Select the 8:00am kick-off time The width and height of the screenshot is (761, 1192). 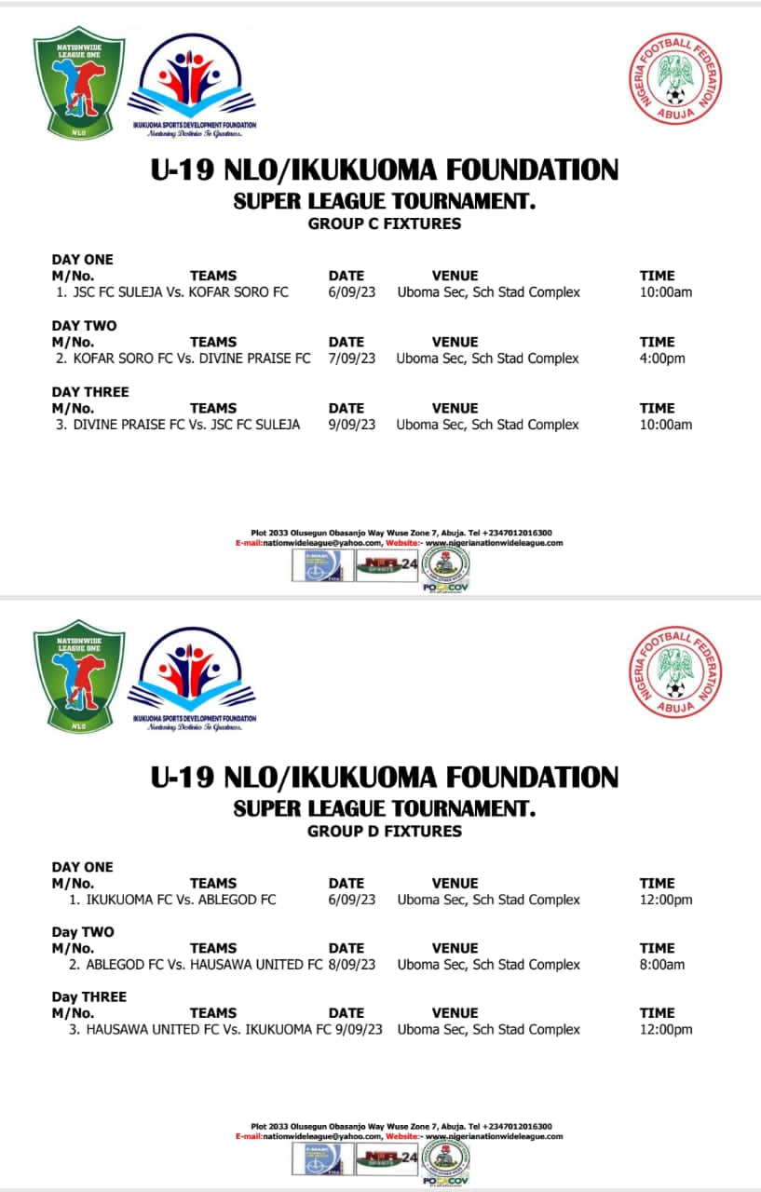click(662, 965)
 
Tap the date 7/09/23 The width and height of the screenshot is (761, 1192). click(352, 359)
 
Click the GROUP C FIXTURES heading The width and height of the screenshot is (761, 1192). click(384, 223)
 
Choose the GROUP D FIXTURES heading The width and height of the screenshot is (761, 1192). click(384, 831)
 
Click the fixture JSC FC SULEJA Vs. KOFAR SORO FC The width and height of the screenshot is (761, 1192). click(179, 292)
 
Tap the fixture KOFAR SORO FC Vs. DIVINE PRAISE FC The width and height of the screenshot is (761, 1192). click(191, 359)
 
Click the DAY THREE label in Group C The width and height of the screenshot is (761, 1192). click(90, 392)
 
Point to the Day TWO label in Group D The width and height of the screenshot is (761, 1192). click(83, 932)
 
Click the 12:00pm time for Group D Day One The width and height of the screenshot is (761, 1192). click(666, 901)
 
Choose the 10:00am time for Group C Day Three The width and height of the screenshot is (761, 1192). click(666, 425)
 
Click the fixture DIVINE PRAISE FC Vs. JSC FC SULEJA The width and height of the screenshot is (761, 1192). click(185, 425)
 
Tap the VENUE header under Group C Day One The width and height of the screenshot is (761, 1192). click(455, 276)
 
